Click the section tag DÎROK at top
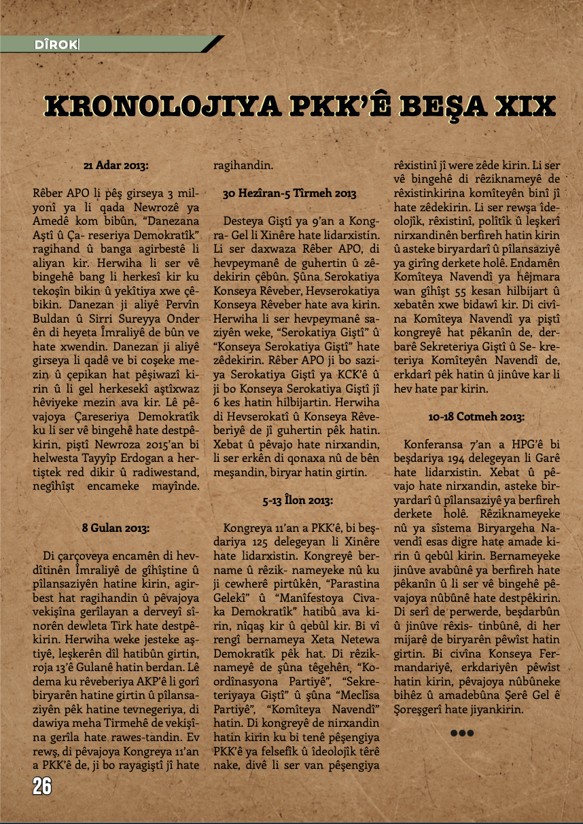[56, 46]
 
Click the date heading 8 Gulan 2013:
[116, 527]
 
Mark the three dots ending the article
[461, 733]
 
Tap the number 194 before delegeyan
[451, 459]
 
